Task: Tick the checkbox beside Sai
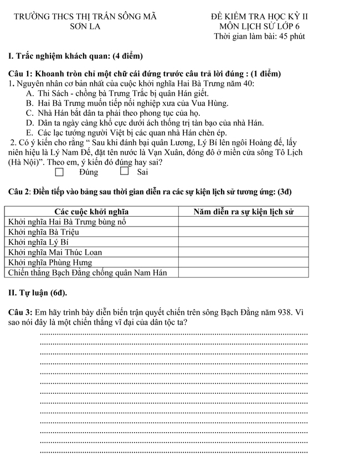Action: (125, 172)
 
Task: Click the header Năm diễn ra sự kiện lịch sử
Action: (243, 212)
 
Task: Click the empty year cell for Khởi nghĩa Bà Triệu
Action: (243, 232)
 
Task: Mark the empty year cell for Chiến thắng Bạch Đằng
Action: (243, 272)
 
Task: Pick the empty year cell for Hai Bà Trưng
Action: (243, 222)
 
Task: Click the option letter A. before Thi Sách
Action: (29, 93)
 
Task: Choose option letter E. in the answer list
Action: (29, 133)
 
